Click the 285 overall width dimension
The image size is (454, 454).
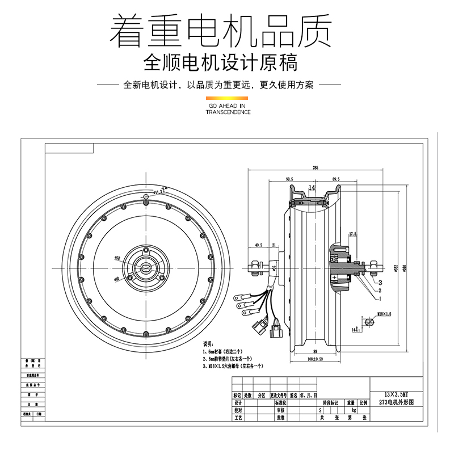click(x=314, y=168)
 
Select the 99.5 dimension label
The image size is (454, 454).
click(x=289, y=180)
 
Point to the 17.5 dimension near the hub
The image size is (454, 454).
click(x=352, y=233)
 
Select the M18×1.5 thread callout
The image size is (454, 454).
click(x=384, y=314)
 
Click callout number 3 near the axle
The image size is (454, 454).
click(x=380, y=282)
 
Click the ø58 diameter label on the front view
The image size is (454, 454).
click(x=117, y=258)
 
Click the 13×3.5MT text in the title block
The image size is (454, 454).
click(x=397, y=393)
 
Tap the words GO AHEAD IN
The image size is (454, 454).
click(x=227, y=106)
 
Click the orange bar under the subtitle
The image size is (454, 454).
click(x=227, y=99)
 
